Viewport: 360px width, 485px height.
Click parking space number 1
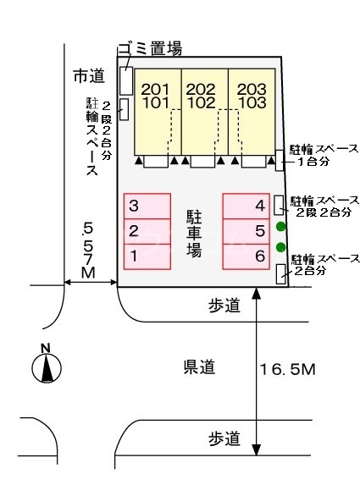147,255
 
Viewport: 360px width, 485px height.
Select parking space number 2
147,230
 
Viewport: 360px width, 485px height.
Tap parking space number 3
147,206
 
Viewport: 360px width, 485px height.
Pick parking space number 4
246,206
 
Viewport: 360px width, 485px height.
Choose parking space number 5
246,230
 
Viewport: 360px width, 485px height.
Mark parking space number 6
246,255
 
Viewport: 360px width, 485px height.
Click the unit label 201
156,89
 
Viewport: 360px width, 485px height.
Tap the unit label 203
251,89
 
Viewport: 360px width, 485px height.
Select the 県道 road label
200,367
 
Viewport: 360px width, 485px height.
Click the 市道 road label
87,76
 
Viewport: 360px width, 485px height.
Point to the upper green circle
281,226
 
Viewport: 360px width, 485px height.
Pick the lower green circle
281,247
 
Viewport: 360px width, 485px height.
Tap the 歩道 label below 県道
224,438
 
